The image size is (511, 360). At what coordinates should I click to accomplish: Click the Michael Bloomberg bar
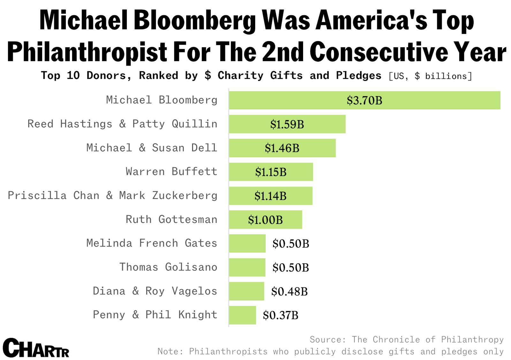pos(364,100)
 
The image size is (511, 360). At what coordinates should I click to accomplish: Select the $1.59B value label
pos(287,124)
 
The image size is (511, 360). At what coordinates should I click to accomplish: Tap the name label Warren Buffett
pos(172,172)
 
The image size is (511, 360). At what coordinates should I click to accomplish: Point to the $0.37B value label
pos(280,315)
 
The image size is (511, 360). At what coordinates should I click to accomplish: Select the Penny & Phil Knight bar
pos(242,315)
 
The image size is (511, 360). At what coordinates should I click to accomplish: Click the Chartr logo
pos(36,348)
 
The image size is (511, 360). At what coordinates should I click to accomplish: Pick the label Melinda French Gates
pos(152,243)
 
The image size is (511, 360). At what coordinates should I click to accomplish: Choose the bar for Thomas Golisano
pos(247,267)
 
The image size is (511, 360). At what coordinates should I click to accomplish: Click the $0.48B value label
pos(289,291)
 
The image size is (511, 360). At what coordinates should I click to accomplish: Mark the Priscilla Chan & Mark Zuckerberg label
pos(112,195)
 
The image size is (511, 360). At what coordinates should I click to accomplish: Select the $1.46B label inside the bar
pos(282,148)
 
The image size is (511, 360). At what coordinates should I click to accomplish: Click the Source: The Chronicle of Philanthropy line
pos(407,339)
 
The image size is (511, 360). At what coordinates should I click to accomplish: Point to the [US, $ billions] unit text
pos(430,76)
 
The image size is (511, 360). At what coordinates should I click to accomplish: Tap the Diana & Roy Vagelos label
pos(155,291)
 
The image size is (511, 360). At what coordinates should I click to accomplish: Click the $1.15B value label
pos(271,172)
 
